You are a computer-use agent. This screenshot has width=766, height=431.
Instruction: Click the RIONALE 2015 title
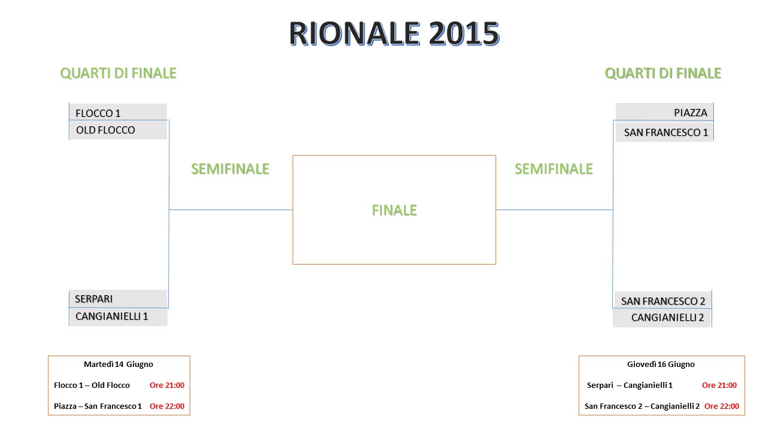point(394,33)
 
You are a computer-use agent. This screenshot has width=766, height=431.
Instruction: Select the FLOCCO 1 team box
point(118,112)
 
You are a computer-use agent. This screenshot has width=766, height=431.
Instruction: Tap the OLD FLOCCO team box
point(118,130)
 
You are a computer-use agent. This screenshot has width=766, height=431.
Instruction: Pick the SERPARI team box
point(118,299)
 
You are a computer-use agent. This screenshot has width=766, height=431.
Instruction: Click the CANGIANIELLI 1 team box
point(118,317)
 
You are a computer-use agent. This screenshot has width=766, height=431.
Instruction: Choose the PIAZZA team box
point(664,112)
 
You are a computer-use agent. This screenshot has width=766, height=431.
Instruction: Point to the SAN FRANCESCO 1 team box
point(664,132)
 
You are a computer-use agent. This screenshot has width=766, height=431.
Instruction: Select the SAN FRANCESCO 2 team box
point(662,301)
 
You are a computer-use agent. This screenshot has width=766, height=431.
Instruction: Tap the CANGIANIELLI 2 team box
point(662,318)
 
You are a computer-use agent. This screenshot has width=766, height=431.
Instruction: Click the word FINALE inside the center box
point(394,210)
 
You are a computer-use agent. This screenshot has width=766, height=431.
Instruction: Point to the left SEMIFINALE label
point(230,169)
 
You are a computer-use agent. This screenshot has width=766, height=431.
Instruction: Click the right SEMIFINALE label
point(554,169)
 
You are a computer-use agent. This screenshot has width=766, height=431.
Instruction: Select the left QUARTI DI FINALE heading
point(118,73)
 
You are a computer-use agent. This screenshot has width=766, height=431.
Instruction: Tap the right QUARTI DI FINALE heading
point(662,73)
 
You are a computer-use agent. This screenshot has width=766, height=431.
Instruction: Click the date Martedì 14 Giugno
point(118,365)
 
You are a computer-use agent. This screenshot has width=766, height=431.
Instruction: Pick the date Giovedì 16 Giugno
point(661,365)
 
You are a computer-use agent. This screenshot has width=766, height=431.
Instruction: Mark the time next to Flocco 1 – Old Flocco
point(167,385)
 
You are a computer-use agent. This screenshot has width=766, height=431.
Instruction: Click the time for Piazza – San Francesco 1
point(167,406)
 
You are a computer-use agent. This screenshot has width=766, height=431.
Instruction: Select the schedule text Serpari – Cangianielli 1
point(630,385)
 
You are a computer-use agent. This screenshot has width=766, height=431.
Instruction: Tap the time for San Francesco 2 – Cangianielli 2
point(722,406)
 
